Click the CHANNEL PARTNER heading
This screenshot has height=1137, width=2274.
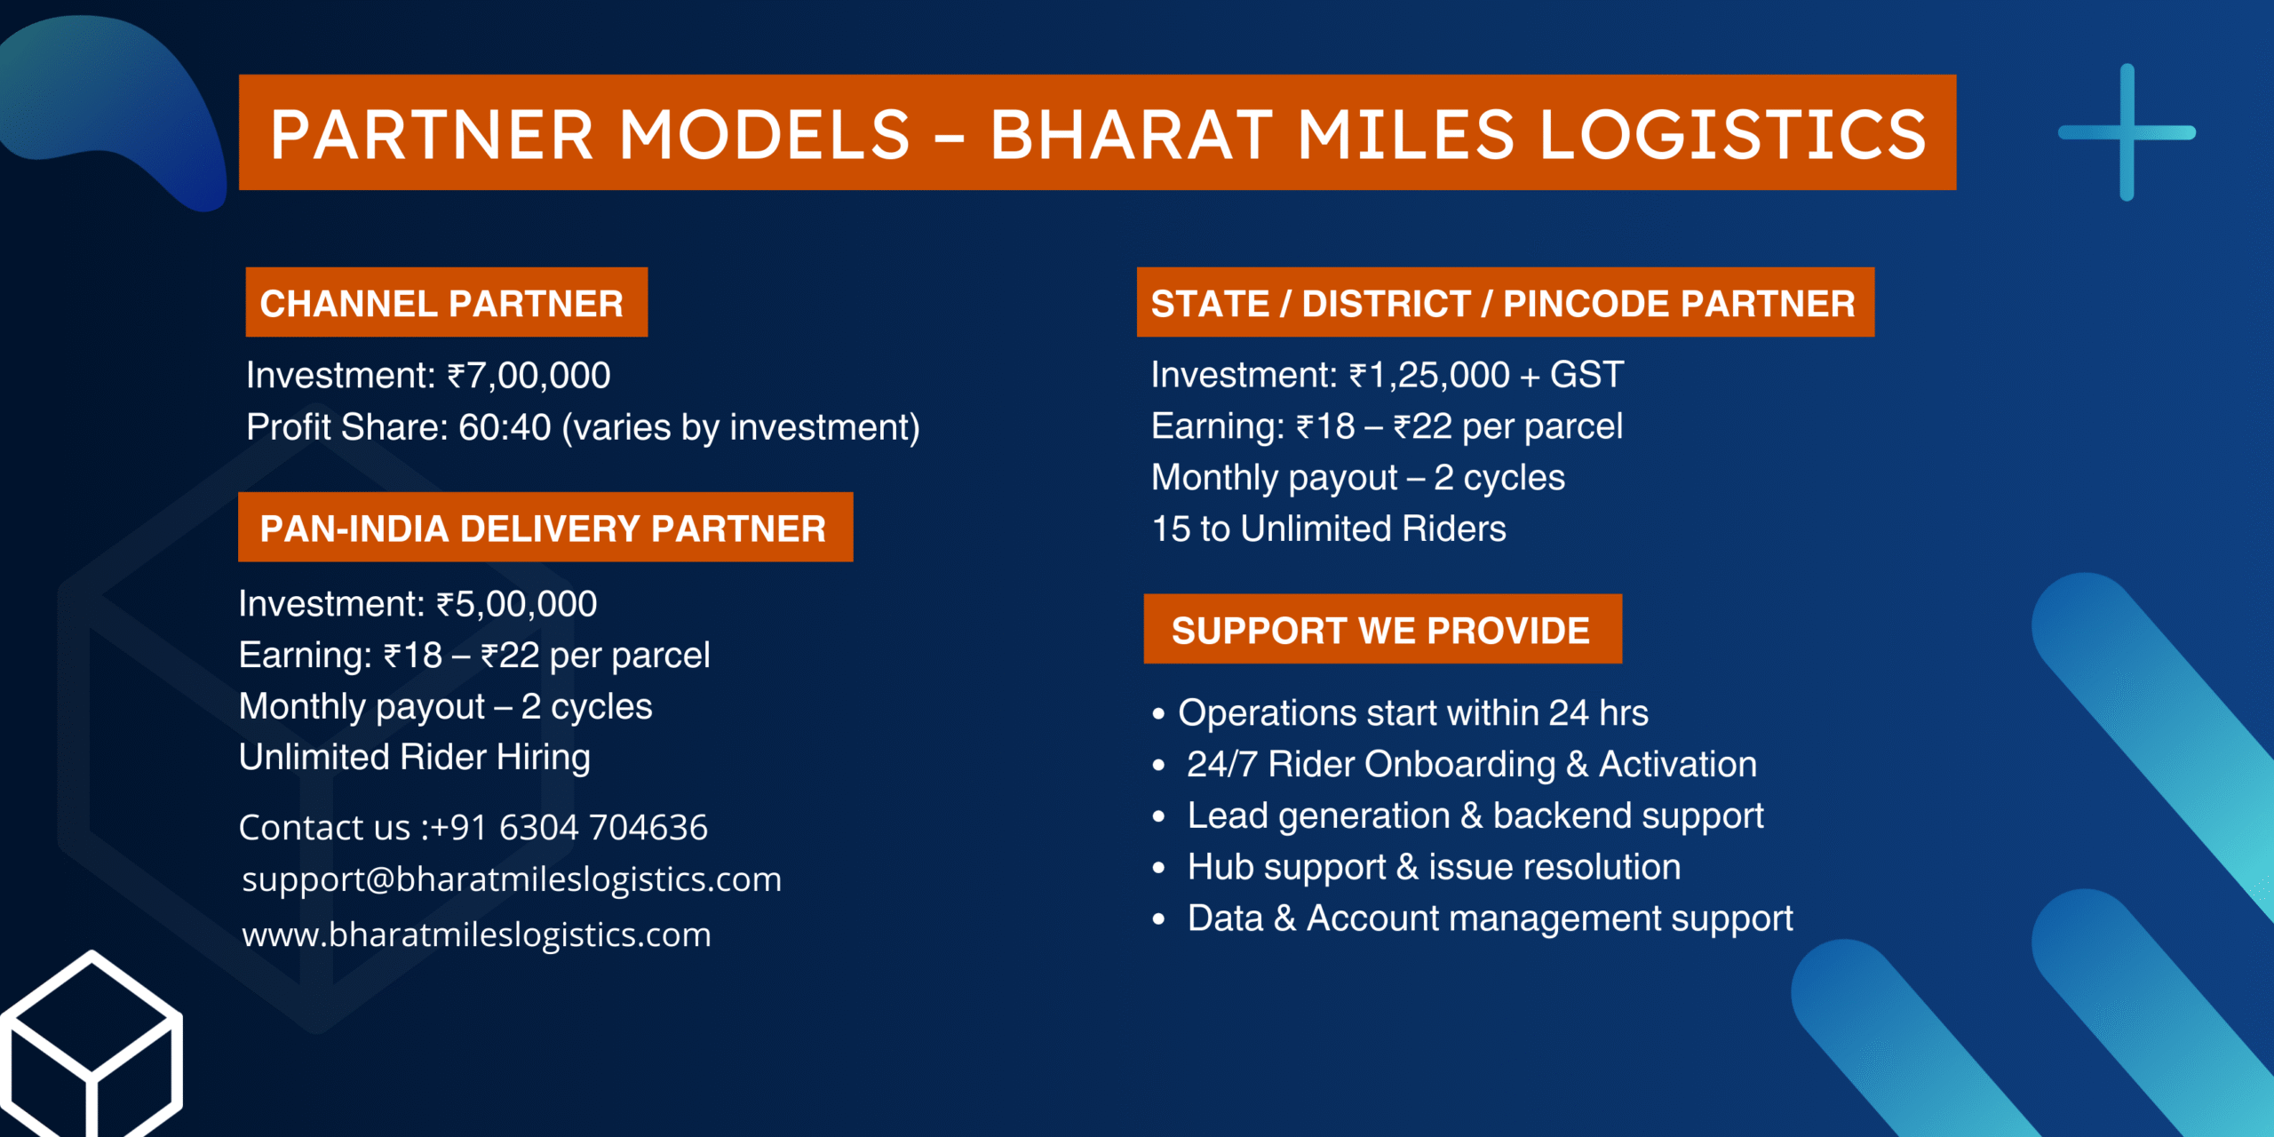tap(441, 304)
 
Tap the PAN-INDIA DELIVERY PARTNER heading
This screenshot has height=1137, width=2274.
tap(543, 529)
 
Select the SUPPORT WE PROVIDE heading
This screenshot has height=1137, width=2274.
tap(1380, 631)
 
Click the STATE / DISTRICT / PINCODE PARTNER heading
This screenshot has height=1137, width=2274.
tap(1503, 304)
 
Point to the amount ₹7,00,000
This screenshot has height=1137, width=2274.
tap(529, 376)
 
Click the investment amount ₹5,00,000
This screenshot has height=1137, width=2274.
tap(516, 604)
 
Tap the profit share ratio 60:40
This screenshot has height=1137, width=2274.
tap(505, 427)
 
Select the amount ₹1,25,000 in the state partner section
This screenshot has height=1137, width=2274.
tap(1429, 375)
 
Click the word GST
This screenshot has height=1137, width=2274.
tap(1586, 375)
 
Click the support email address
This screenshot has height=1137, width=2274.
tap(512, 879)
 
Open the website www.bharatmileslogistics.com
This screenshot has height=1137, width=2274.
tap(476, 934)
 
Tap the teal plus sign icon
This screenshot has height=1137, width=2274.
tap(2127, 132)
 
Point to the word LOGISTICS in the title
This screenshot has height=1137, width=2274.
tap(1732, 134)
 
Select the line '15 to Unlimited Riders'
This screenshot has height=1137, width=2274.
tap(1329, 529)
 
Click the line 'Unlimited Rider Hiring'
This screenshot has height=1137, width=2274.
tap(415, 758)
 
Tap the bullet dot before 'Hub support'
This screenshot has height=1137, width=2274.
tap(1158, 868)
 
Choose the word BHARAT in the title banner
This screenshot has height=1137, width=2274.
tap(1132, 134)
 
